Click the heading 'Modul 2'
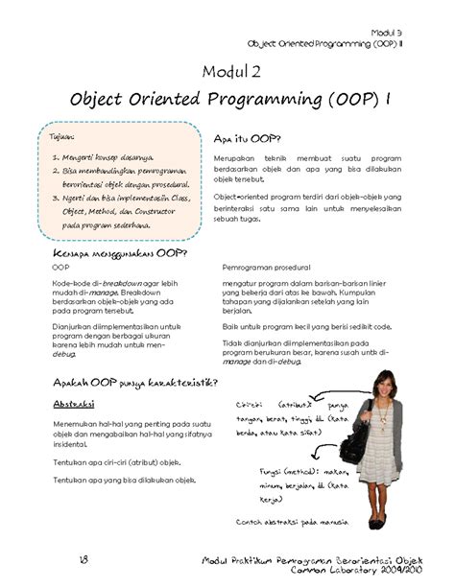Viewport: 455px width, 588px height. click(230, 71)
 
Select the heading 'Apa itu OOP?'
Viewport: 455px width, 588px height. click(246, 137)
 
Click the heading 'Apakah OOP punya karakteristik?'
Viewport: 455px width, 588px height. click(132, 384)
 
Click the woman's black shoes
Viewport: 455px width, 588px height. click(377, 524)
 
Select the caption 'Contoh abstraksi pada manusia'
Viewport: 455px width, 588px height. click(293, 522)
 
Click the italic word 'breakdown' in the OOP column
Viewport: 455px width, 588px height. click(123, 283)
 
